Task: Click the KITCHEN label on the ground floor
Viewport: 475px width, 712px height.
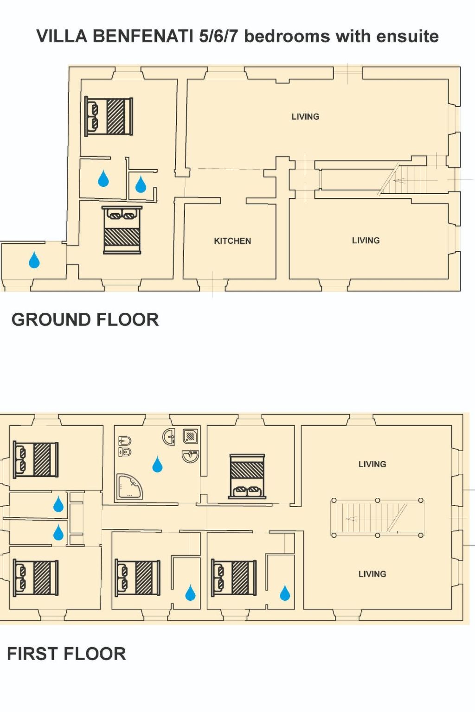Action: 232,241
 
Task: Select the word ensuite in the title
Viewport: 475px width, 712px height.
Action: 407,36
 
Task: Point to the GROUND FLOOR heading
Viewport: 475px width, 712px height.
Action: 85,320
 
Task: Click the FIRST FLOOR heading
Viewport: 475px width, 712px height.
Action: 66,654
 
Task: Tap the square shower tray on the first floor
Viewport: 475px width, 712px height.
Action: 191,436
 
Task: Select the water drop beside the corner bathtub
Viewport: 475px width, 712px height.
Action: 157,464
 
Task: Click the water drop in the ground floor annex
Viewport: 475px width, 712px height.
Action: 34,260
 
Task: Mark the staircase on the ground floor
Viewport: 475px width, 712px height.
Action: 404,180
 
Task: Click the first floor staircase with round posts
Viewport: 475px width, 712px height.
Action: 377,518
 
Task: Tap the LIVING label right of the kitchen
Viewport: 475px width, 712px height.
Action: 366,241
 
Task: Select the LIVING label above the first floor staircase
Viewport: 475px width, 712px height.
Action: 372,464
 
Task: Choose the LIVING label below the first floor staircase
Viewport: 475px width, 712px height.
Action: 372,574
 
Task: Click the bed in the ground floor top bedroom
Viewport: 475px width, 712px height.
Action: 109,116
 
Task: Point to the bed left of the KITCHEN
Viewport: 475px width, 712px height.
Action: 122,230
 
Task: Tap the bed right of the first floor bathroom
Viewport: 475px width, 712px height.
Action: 247,476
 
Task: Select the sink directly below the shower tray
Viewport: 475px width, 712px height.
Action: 190,457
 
